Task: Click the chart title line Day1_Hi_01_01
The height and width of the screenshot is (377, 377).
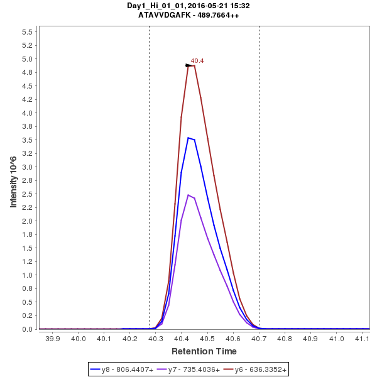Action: [x=188, y=6]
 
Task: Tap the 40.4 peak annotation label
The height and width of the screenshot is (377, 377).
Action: [x=197, y=61]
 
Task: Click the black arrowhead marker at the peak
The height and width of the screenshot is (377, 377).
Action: [x=189, y=65]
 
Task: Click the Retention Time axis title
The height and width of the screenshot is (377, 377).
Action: [x=204, y=351]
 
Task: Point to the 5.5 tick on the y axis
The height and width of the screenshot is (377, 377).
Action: [x=28, y=32]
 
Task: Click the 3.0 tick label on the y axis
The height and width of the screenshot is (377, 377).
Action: [x=28, y=167]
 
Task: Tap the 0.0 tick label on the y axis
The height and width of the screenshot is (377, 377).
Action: [x=28, y=329]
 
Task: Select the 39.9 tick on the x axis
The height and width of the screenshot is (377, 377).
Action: [x=53, y=339]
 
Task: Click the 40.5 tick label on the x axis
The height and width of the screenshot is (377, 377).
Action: [x=207, y=339]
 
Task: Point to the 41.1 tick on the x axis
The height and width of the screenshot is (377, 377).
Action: [x=362, y=339]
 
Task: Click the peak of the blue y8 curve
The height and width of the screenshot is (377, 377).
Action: [x=188, y=138]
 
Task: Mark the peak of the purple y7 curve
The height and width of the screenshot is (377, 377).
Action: [x=188, y=195]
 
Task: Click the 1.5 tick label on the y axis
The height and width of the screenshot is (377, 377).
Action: [x=28, y=248]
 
